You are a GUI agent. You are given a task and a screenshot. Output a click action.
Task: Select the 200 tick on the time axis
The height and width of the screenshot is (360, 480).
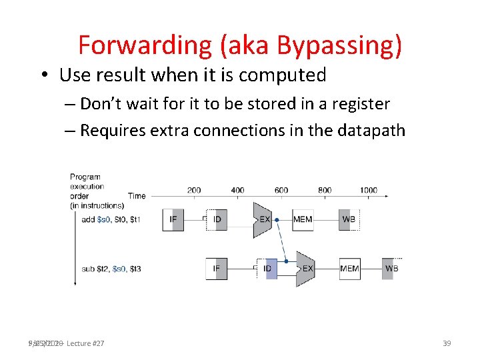coord(194,191)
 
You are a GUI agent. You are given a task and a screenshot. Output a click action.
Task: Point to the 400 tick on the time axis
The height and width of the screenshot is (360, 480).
coord(237,191)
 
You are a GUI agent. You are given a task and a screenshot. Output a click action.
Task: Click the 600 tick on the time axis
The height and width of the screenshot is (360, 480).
coord(281,191)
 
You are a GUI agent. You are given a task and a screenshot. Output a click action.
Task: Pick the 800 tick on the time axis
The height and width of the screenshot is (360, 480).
coord(325,191)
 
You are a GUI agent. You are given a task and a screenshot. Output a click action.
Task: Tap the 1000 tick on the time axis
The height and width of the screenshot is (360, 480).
coord(369,191)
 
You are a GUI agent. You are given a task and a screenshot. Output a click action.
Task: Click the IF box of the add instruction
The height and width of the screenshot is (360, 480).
coord(173,219)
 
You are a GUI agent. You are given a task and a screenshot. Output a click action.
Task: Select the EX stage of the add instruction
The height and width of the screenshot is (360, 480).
coord(263,219)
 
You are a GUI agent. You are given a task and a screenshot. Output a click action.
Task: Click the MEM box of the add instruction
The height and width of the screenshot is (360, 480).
coord(303,219)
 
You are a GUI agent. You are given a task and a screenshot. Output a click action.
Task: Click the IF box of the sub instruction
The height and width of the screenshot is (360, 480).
coord(217,269)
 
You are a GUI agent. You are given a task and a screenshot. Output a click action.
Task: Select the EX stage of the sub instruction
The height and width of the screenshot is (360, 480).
coord(306,269)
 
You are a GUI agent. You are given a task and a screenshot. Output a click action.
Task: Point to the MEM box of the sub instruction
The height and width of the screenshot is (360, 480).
coord(349,269)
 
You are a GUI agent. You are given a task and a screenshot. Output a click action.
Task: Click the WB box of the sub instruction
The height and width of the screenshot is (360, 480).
coord(392,269)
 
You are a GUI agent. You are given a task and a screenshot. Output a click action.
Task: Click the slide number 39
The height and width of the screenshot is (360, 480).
coord(447,343)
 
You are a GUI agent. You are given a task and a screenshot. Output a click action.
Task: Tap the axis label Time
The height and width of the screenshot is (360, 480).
coord(137,196)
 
